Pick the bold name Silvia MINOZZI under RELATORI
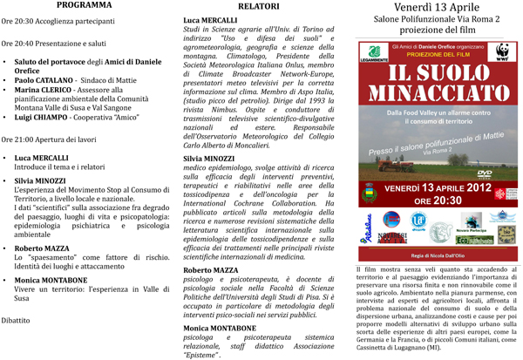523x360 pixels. click(212, 135)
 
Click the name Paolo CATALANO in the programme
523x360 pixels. click(44, 78)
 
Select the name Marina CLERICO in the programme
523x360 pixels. click(44, 90)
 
